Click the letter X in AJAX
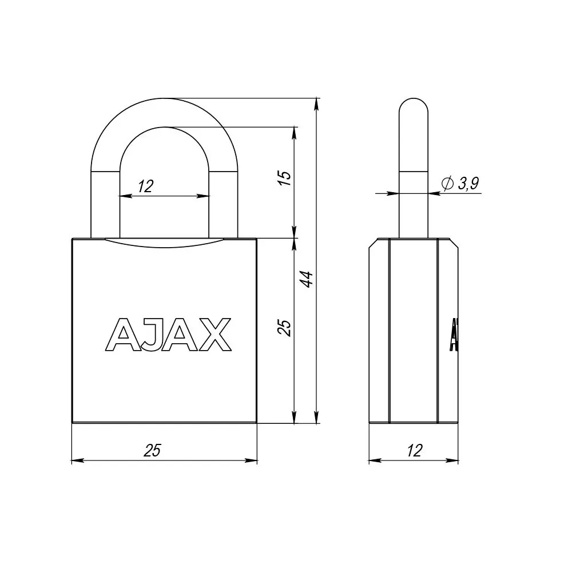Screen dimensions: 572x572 coord(216,335)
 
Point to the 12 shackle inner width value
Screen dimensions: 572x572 coord(145,186)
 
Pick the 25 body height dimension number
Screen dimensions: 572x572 coord(285,327)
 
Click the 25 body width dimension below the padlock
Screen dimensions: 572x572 coord(152,450)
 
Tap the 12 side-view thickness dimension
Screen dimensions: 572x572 coord(415,450)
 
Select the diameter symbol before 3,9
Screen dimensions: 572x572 coord(448,183)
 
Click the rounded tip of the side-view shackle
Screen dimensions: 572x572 coord(413,106)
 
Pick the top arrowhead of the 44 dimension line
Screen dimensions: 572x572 coord(316,103)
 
